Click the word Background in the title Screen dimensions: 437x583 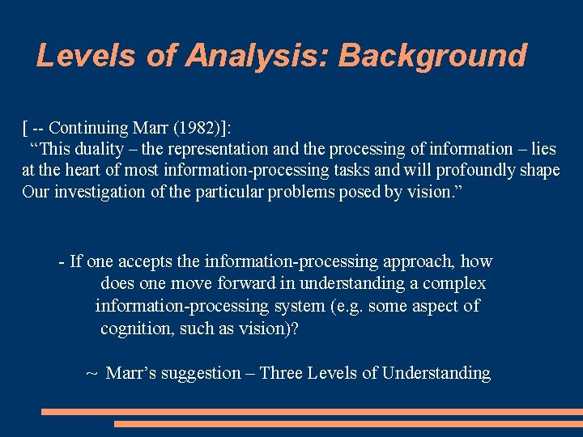(x=432, y=56)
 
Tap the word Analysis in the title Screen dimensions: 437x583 (x=256, y=56)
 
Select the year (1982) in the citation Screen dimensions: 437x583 (x=203, y=128)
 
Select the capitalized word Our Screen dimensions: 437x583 (x=36, y=193)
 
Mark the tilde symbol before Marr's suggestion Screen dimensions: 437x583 (x=92, y=373)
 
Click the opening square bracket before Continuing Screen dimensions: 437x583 (x=25, y=128)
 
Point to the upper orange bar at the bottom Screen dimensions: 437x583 (x=312, y=411)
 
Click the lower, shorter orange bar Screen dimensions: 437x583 (x=348, y=424)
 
